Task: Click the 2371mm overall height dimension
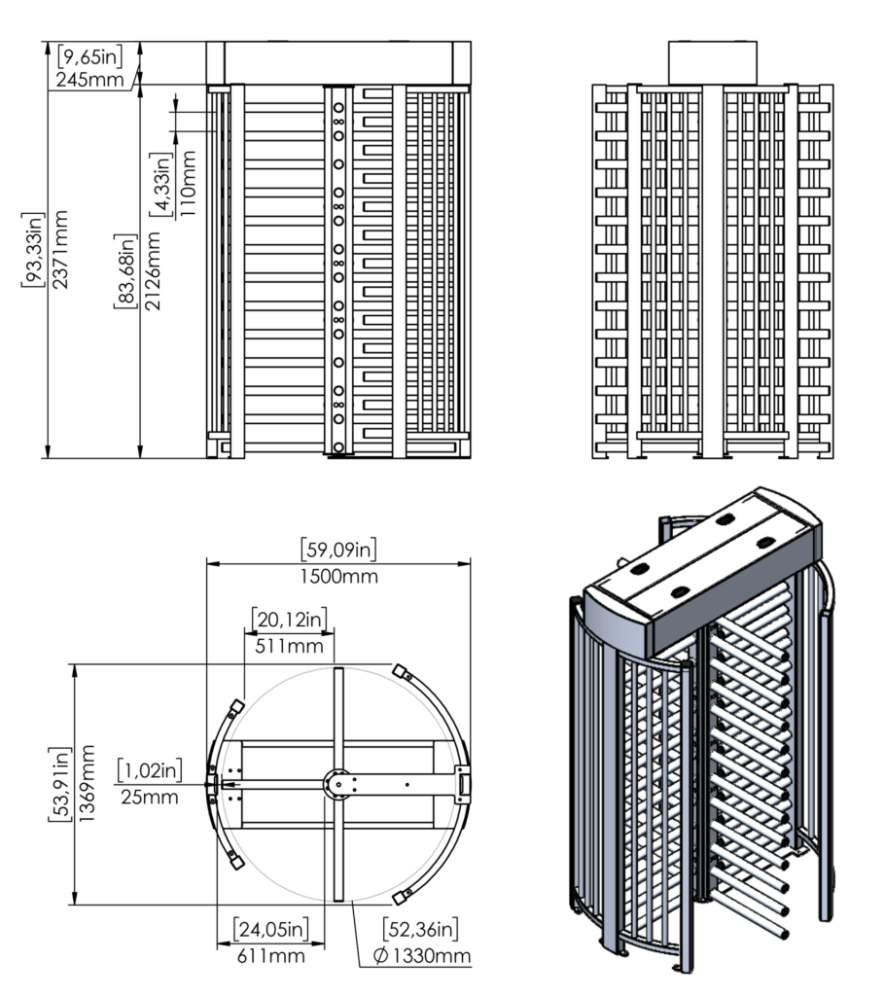(x=60, y=247)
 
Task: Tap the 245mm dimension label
(x=89, y=79)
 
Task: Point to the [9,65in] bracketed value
(x=89, y=56)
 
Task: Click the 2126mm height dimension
(x=153, y=271)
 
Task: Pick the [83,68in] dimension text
(x=126, y=271)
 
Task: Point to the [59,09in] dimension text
(x=339, y=551)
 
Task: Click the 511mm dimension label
(x=289, y=644)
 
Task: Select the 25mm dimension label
(x=150, y=798)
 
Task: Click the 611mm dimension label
(x=270, y=955)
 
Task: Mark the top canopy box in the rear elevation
(x=712, y=62)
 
